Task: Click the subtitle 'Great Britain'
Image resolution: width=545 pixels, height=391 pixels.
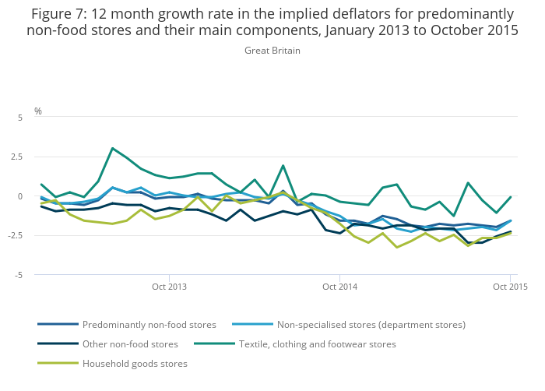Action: click(x=272, y=51)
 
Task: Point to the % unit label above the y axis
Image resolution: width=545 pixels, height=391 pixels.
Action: click(x=37, y=111)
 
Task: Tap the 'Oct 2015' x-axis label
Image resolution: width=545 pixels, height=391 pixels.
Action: click(x=510, y=287)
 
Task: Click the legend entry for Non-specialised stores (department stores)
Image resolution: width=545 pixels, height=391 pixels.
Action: click(x=371, y=324)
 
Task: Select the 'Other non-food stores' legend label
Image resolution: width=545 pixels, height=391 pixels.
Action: click(x=130, y=343)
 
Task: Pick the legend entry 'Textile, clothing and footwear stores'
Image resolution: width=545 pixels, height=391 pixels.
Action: click(x=317, y=343)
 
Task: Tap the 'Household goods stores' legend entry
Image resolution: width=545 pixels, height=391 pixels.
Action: click(x=135, y=363)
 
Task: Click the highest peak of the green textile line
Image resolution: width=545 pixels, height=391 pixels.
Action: click(x=112, y=148)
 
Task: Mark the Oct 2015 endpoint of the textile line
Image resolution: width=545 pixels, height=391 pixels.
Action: click(x=510, y=197)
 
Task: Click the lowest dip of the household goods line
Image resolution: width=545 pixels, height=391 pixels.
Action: click(x=396, y=248)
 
